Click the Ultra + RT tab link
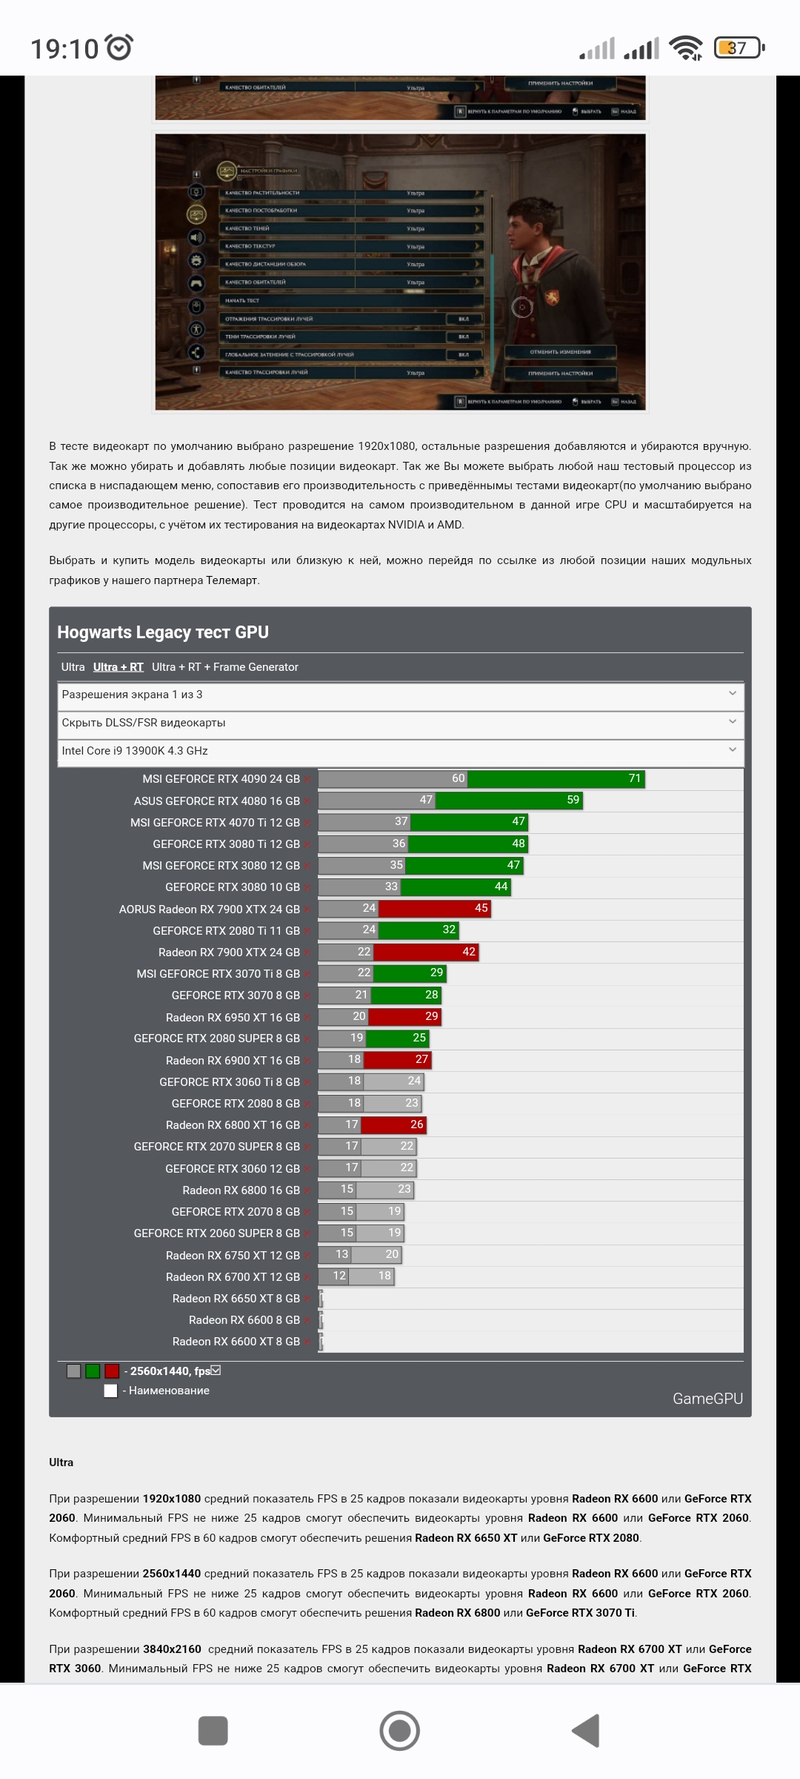(x=119, y=667)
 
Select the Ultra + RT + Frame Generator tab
(x=225, y=667)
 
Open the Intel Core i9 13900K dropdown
(x=400, y=751)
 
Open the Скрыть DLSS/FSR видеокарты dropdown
(x=400, y=723)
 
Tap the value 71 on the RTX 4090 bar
(x=634, y=778)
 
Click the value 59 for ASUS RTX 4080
(x=573, y=800)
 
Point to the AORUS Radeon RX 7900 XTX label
(x=210, y=909)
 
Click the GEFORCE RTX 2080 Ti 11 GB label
(x=226, y=930)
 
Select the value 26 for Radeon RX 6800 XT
(x=416, y=1124)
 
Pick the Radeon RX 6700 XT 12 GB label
(x=233, y=1276)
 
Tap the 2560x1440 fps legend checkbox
(x=216, y=1371)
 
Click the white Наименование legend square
(x=111, y=1391)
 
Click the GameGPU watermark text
(x=707, y=1399)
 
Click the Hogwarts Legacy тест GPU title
(x=163, y=632)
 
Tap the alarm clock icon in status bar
(x=119, y=47)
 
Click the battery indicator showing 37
(x=738, y=48)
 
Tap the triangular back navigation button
(x=586, y=1731)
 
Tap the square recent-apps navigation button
(x=213, y=1731)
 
